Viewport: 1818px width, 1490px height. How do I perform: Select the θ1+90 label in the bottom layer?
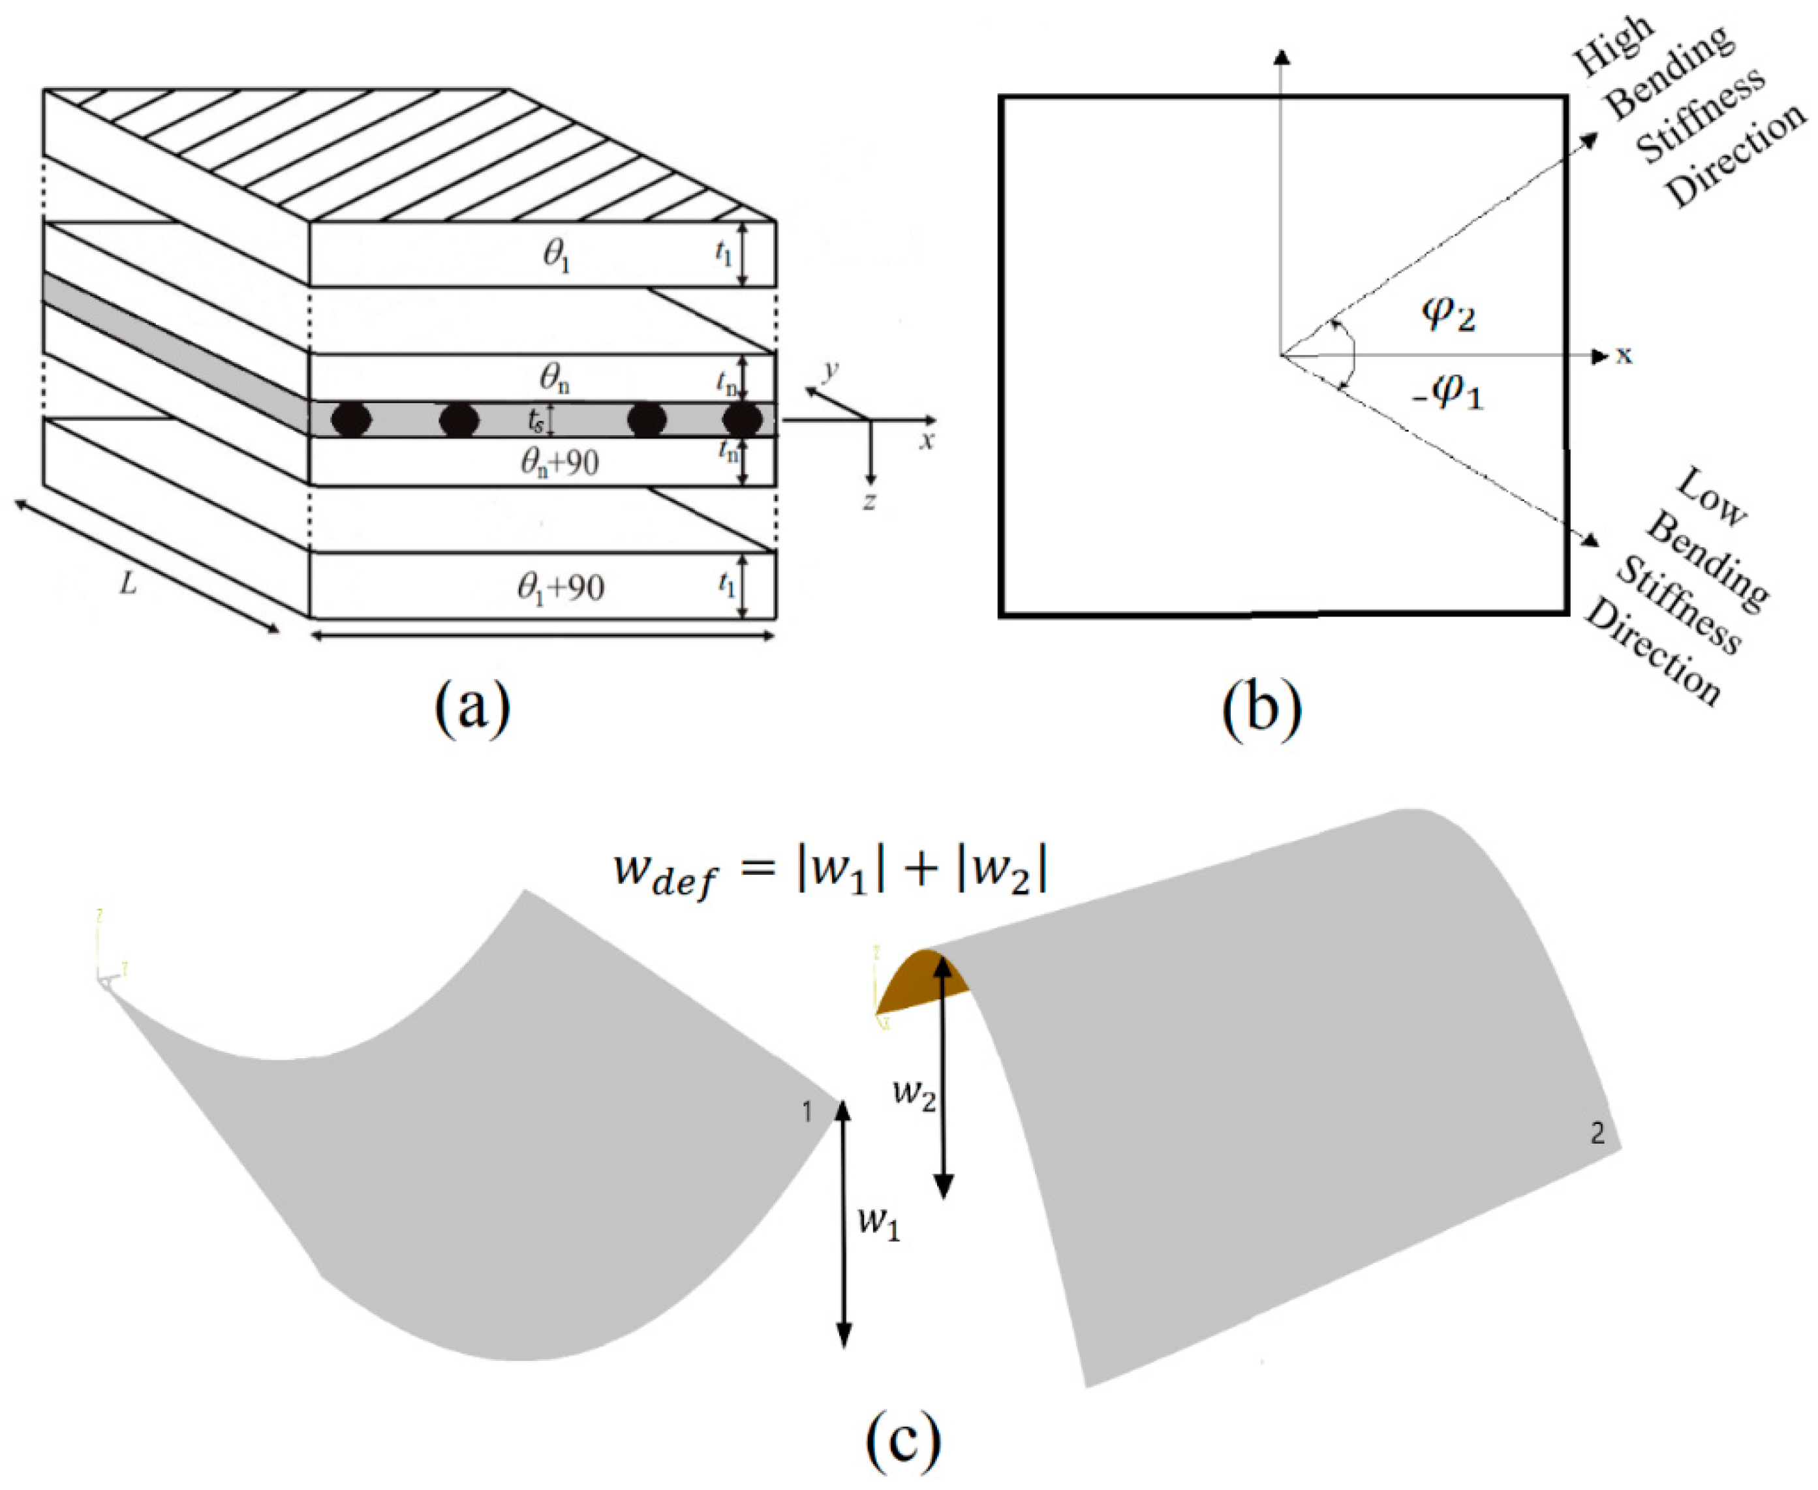pos(561,588)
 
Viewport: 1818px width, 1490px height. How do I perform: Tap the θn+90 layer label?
pos(559,463)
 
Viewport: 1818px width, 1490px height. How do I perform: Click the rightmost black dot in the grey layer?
pos(741,419)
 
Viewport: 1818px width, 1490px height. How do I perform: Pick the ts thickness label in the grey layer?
pos(536,421)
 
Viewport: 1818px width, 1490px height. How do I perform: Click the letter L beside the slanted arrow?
pos(128,585)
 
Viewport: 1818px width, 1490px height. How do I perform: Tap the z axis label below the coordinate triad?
pos(869,501)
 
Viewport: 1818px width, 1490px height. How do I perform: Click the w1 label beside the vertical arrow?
pos(878,1223)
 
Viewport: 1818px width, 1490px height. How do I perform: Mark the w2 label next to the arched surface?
pos(914,1094)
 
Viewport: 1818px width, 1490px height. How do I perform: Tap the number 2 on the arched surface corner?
pos(1597,1134)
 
